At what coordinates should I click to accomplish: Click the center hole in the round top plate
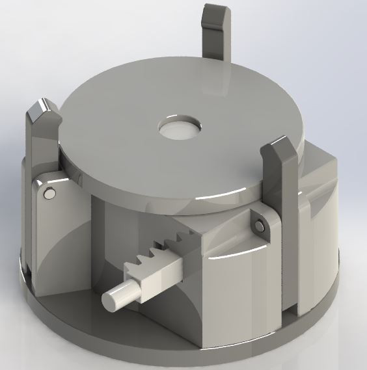point(180,129)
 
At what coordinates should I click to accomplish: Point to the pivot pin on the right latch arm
point(260,226)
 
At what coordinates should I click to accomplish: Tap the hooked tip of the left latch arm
point(42,114)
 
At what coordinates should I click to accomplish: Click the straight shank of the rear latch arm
point(215,49)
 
